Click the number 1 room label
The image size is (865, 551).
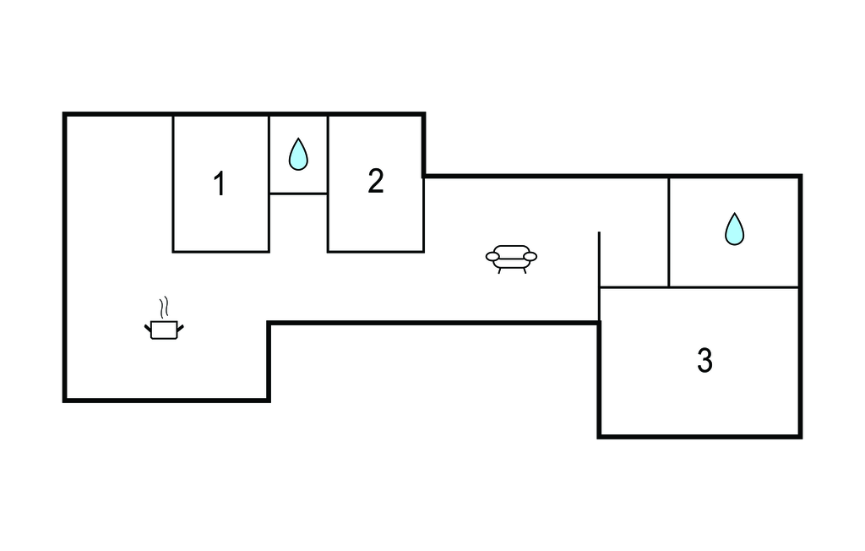click(x=220, y=184)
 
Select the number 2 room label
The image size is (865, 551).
click(x=376, y=181)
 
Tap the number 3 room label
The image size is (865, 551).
click(x=705, y=361)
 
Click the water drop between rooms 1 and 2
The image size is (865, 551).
click(x=298, y=154)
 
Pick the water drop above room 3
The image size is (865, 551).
click(x=734, y=228)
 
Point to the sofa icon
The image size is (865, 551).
click(x=511, y=259)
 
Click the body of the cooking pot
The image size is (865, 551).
click(x=164, y=330)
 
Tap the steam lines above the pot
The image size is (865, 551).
click(x=164, y=307)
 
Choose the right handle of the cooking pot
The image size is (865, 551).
click(x=180, y=329)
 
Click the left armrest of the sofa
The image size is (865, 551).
click(x=492, y=256)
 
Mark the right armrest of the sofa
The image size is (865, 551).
click(x=530, y=256)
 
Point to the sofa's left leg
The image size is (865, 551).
click(x=499, y=270)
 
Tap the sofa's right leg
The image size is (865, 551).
click(x=524, y=270)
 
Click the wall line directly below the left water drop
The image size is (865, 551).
click(x=298, y=194)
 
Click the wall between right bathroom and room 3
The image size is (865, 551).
click(x=734, y=287)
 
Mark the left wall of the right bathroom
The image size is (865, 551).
click(x=669, y=232)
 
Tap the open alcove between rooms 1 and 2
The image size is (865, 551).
click(x=298, y=223)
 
